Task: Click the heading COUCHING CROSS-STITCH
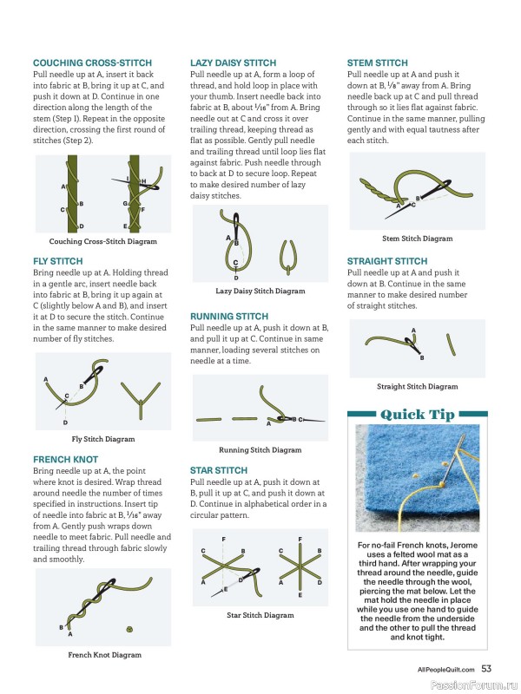coord(92,62)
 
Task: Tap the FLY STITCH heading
coord(57,261)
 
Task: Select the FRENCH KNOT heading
coord(66,460)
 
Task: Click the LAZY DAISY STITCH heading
coord(233,62)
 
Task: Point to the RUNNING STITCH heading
coord(229,317)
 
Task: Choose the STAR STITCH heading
coord(219,470)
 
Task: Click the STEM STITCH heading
coord(378,62)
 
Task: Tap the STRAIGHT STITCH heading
coord(387,261)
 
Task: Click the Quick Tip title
coord(418,415)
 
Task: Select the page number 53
coord(486,669)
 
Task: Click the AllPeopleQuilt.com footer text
coord(445,670)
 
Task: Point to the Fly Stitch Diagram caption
coord(103,439)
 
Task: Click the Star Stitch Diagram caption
coord(260,615)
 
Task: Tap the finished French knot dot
coord(129,629)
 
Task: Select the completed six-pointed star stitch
coord(300,567)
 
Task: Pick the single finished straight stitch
coord(451,344)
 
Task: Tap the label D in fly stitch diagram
coord(65,422)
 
